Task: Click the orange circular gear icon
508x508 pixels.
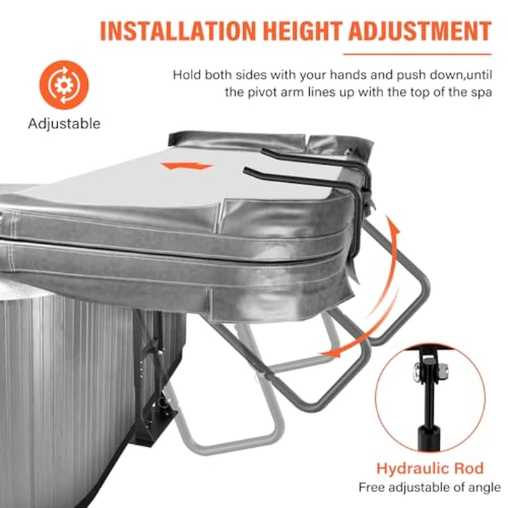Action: (63, 85)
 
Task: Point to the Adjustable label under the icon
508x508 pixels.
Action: (64, 123)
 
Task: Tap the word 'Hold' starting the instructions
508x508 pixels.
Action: (186, 75)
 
